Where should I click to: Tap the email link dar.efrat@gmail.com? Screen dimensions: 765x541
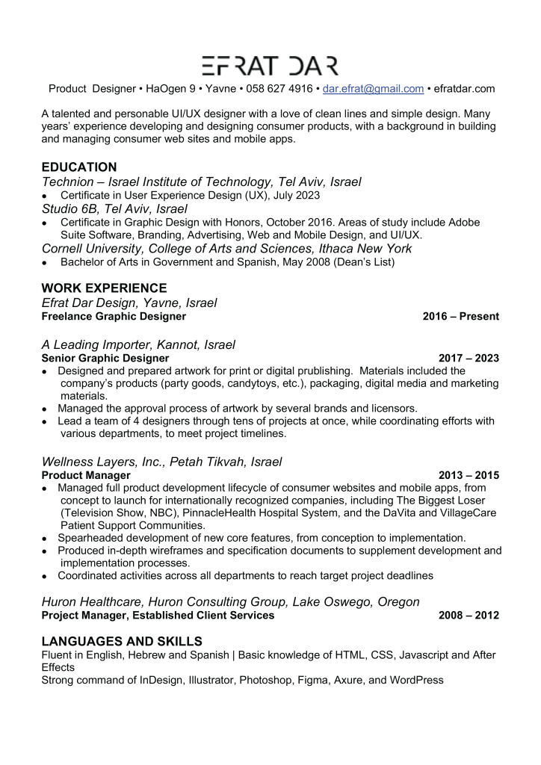[373, 89]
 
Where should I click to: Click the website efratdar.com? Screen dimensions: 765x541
[464, 89]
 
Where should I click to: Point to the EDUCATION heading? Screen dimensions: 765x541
[79, 167]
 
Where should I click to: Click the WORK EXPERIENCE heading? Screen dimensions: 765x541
[104, 288]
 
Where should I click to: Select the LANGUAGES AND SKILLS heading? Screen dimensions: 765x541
[122, 642]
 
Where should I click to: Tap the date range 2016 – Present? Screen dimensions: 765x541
[460, 317]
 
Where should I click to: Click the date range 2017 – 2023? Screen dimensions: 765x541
[469, 359]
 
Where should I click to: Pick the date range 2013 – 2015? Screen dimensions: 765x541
[469, 476]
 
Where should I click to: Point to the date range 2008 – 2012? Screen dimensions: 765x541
[469, 616]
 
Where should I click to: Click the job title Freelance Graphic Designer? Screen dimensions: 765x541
[114, 317]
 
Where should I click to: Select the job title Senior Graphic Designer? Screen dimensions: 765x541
[105, 359]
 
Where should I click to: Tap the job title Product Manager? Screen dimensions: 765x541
[86, 476]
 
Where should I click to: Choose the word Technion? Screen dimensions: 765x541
[70, 182]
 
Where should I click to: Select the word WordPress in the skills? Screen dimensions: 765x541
[415, 681]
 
